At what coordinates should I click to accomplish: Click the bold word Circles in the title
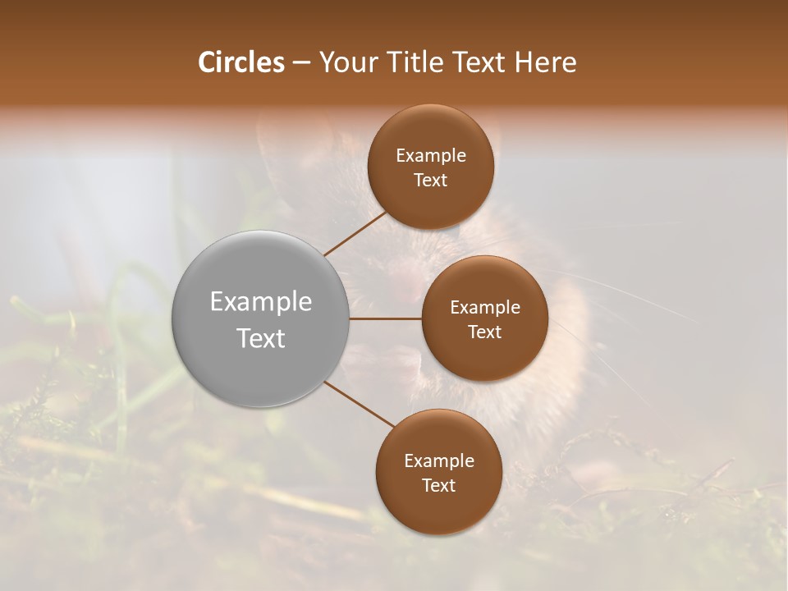pyautogui.click(x=241, y=62)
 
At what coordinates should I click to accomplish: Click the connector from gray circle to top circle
pyautogui.click(x=355, y=233)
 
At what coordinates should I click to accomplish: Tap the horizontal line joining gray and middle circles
pyautogui.click(x=385, y=318)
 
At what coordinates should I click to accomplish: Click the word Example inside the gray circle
pyautogui.click(x=261, y=302)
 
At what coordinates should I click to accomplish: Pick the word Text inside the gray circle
pyautogui.click(x=261, y=338)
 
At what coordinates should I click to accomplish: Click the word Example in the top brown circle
pyautogui.click(x=431, y=156)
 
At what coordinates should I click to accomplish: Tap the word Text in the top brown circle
pyautogui.click(x=431, y=181)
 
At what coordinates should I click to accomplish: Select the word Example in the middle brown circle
pyautogui.click(x=485, y=308)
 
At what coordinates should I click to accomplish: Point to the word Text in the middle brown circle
pyautogui.click(x=485, y=332)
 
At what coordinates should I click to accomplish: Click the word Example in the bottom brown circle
pyautogui.click(x=439, y=461)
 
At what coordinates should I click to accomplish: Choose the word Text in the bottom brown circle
pyautogui.click(x=439, y=486)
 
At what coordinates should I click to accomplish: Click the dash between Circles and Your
pyautogui.click(x=301, y=62)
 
